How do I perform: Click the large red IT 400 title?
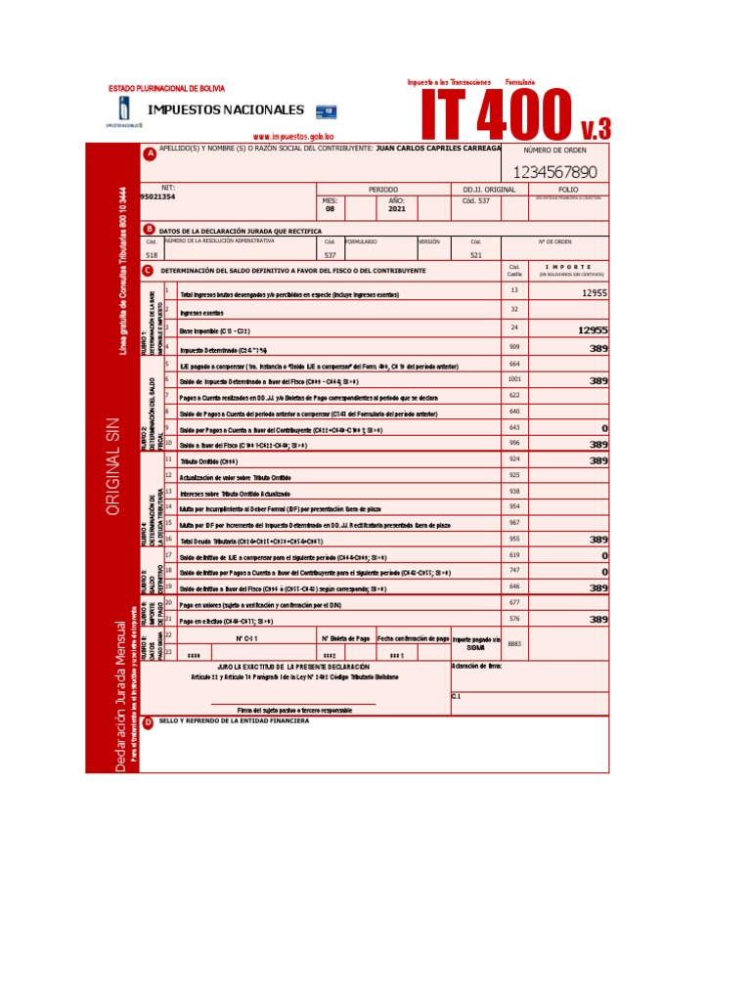(497, 115)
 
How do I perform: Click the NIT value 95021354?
(158, 196)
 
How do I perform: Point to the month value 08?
(330, 208)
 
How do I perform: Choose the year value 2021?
(396, 208)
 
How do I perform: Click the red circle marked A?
(150, 153)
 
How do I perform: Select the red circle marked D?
(149, 722)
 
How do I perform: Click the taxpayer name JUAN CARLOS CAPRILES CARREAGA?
(438, 148)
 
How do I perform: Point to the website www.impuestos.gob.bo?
(293, 138)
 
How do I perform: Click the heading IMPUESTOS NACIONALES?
(225, 110)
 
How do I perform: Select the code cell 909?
(514, 347)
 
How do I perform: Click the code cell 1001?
(514, 379)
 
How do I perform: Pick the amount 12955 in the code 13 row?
(594, 292)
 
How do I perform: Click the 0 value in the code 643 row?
(604, 428)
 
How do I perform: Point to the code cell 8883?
(514, 643)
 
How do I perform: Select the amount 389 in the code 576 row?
(598, 620)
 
